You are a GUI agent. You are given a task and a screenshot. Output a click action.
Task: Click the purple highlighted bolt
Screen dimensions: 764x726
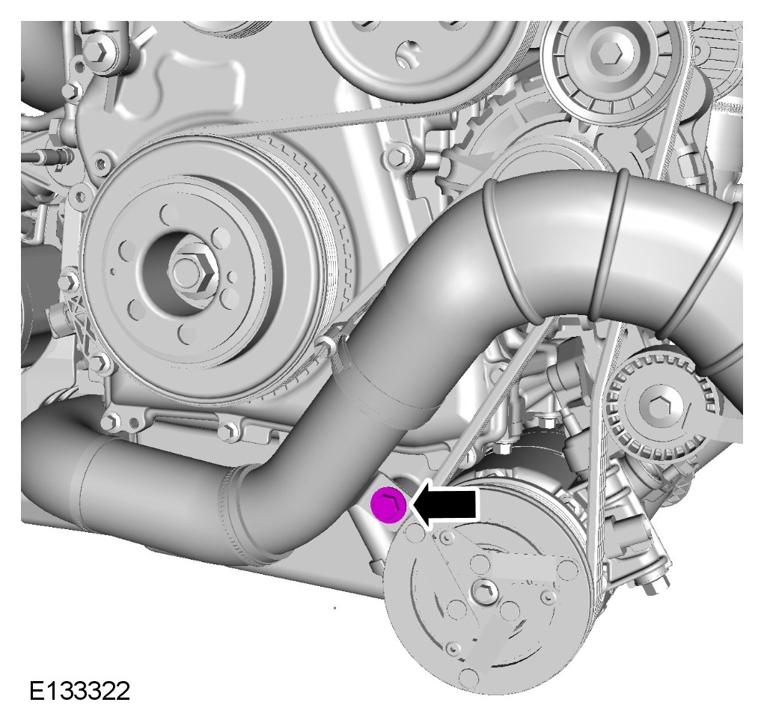point(388,504)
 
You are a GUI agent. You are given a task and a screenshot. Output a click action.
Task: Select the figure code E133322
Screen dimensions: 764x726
point(80,691)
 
